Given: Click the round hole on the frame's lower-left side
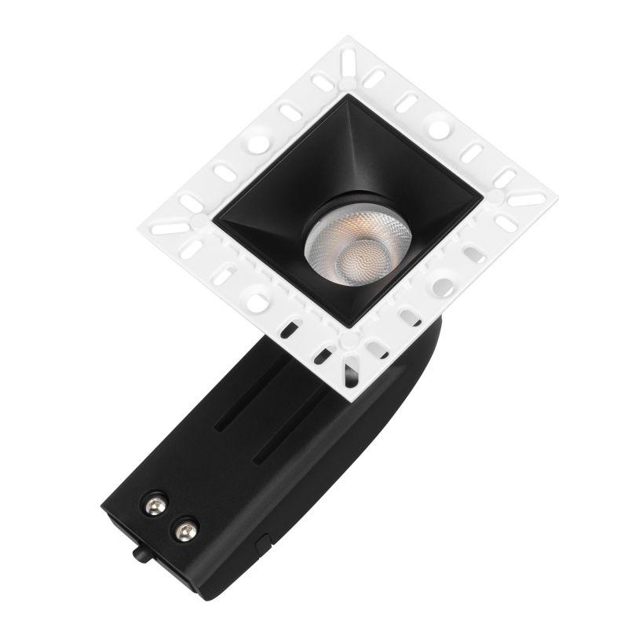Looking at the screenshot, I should coord(256,299).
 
